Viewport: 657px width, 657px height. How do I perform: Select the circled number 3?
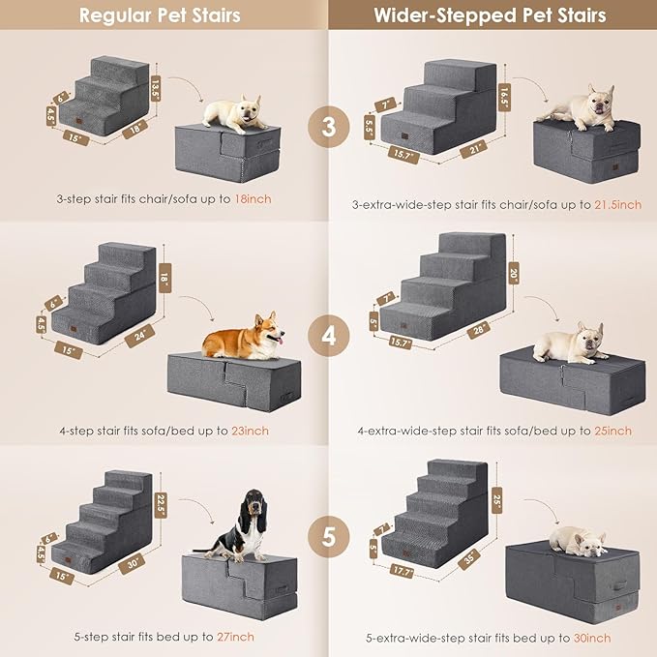[328, 127]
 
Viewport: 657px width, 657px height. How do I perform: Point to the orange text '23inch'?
[251, 431]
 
